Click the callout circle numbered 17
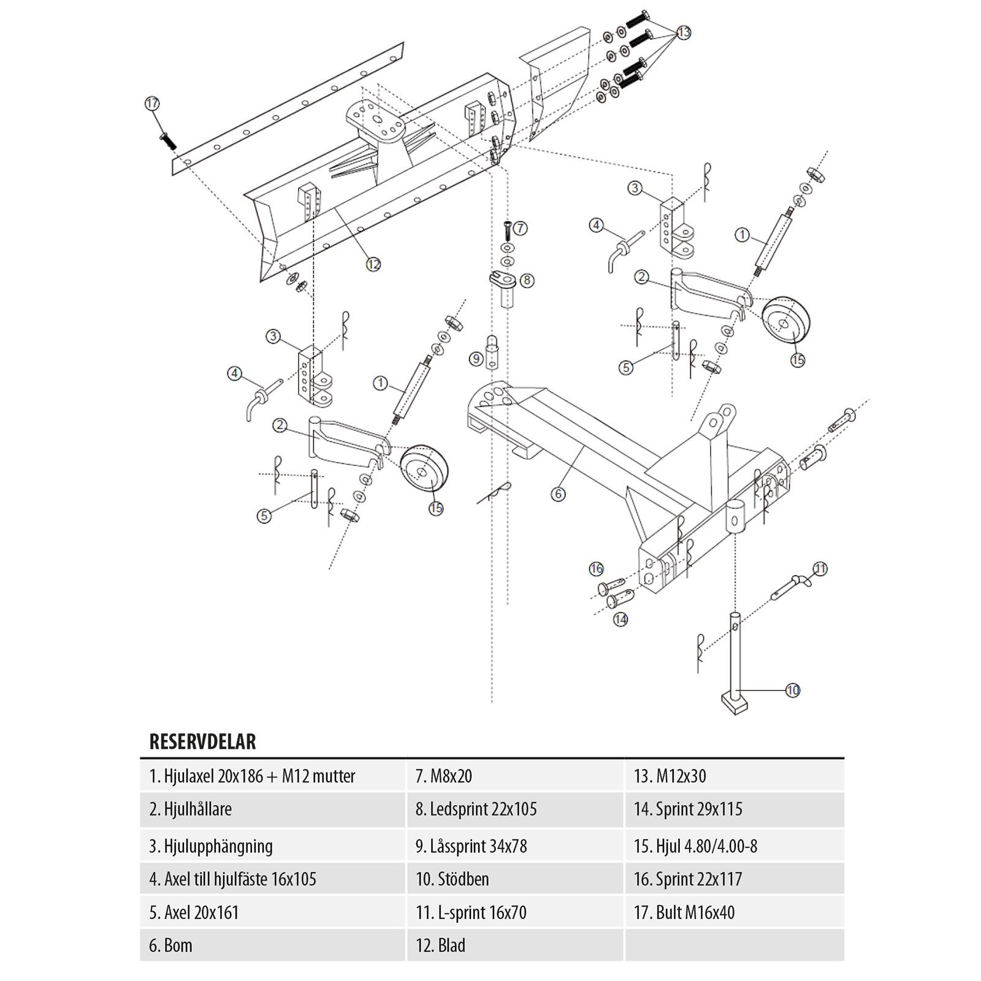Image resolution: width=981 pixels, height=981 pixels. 152,104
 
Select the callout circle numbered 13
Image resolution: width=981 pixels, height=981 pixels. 684,32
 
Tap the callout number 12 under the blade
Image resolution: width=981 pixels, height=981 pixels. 373,264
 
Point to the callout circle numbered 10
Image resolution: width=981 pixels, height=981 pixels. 793,690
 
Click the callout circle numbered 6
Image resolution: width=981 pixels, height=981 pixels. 558,494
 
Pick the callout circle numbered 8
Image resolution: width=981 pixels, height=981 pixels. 527,280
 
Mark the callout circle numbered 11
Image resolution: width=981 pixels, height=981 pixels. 820,569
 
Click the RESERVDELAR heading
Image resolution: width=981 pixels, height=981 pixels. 203,742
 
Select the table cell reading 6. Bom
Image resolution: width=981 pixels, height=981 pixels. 273,945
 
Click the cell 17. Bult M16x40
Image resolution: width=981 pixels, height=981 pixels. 734,912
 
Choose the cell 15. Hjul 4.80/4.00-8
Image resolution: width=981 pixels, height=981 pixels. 734,846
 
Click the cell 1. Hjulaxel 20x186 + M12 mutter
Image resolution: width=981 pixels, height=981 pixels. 273,776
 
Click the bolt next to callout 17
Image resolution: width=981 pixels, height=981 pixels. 167,140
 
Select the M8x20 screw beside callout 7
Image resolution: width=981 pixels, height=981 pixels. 507,231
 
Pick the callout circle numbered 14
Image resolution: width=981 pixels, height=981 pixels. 620,619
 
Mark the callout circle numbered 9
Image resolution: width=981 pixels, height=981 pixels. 476,359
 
